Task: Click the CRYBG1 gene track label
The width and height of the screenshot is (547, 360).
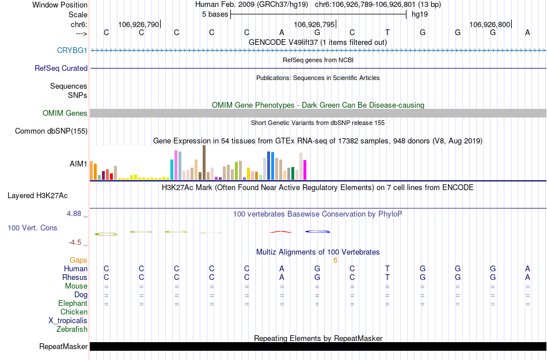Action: coord(72,50)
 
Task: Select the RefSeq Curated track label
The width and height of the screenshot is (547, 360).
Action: coord(61,68)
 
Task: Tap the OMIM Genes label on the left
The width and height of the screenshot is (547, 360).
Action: coord(65,113)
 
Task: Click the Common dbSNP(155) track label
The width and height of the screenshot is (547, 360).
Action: coord(51,131)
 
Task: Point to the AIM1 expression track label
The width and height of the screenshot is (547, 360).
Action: coord(78,164)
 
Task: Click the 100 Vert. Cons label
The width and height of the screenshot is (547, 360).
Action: coord(32,228)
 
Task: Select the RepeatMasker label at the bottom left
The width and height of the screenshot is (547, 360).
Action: coord(63,347)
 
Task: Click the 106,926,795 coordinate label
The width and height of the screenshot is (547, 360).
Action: coord(314,24)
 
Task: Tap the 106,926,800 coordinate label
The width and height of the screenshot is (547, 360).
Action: coord(489,24)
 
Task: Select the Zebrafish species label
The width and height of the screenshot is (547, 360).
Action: coord(72,329)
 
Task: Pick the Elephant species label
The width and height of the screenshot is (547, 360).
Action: coord(73,304)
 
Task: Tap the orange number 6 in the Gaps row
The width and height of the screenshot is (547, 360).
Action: coord(335,260)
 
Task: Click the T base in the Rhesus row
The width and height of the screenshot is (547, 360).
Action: coord(388,278)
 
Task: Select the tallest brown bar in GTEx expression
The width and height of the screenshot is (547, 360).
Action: coord(204,162)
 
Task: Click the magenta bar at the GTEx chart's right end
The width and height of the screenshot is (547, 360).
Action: coord(305,170)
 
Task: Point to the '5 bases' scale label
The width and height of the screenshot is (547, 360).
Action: coord(215,14)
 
